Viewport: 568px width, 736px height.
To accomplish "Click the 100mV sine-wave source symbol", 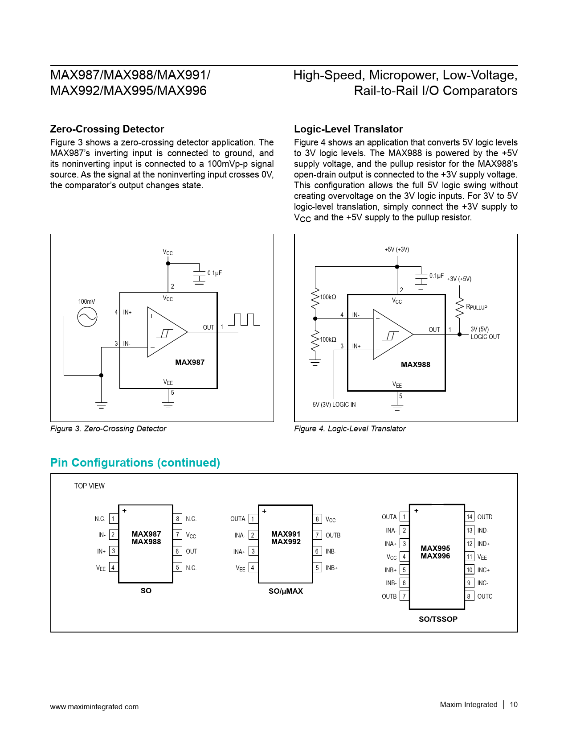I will click(x=87, y=317).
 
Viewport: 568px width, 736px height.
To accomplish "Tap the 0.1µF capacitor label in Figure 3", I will click(x=214, y=273).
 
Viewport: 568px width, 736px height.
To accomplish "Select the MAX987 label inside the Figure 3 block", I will click(x=190, y=362).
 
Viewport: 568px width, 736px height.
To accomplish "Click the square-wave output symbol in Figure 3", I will click(x=244, y=320).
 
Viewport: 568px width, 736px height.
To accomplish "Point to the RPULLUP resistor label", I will click(x=476, y=307).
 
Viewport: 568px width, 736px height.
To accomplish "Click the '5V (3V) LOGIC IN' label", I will click(x=334, y=405).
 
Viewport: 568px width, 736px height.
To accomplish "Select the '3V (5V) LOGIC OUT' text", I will click(x=485, y=333).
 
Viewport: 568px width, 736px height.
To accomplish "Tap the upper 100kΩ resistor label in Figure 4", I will click(x=328, y=297).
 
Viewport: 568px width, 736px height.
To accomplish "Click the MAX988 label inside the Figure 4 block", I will click(x=415, y=364).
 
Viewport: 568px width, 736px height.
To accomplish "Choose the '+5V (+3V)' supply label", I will click(x=396, y=249).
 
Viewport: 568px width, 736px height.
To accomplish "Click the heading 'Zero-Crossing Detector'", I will click(x=107, y=129).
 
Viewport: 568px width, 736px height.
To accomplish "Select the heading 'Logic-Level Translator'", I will click(x=348, y=129).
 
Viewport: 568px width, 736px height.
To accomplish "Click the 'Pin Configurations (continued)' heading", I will click(x=135, y=463).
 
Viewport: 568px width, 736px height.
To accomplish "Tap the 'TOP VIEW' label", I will click(x=89, y=486).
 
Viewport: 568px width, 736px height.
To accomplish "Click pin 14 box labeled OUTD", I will click(x=470, y=517).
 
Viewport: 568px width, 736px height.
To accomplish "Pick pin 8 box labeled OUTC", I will click(x=469, y=596).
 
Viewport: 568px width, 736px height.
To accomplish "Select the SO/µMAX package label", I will click(x=286, y=591).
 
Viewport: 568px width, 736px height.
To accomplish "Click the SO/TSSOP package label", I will click(x=438, y=619).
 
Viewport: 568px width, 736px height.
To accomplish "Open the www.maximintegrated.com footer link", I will click(x=94, y=707).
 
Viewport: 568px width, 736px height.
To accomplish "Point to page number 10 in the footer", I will click(x=514, y=704).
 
